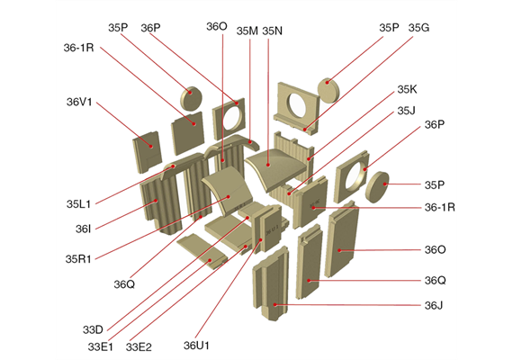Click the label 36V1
79,102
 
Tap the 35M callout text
247,31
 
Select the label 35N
272,31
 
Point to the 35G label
418,28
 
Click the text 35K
407,89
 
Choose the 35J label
406,111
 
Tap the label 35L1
78,204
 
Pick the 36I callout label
83,229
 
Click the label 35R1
78,259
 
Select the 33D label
93,329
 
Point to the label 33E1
101,346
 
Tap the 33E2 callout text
139,346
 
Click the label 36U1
196,346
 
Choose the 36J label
434,305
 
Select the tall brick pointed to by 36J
271,283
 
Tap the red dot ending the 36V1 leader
151,147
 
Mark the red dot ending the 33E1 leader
211,260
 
